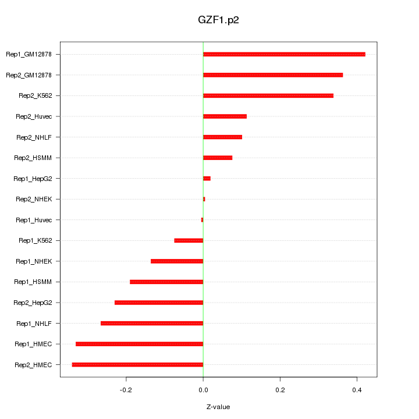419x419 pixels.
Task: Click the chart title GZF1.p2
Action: click(x=218, y=19)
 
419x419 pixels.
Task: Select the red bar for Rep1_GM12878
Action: click(x=284, y=54)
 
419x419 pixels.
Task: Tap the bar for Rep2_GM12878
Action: click(x=273, y=75)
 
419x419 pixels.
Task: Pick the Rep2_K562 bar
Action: click(x=268, y=95)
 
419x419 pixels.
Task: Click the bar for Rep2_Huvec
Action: click(x=225, y=116)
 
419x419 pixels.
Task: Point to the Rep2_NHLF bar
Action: click(x=222, y=137)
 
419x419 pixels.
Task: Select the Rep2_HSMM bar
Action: click(x=218, y=158)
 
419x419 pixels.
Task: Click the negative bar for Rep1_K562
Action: click(x=189, y=240)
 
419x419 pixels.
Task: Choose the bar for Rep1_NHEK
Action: click(x=177, y=261)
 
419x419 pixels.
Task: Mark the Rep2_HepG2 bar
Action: click(x=159, y=303)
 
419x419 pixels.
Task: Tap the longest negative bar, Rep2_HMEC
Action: click(x=137, y=365)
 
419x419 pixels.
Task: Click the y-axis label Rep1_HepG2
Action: click(x=33, y=179)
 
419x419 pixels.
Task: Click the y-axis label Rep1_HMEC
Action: click(x=34, y=344)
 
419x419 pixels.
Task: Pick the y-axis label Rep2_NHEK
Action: click(x=34, y=199)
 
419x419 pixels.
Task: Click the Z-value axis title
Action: click(x=218, y=407)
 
